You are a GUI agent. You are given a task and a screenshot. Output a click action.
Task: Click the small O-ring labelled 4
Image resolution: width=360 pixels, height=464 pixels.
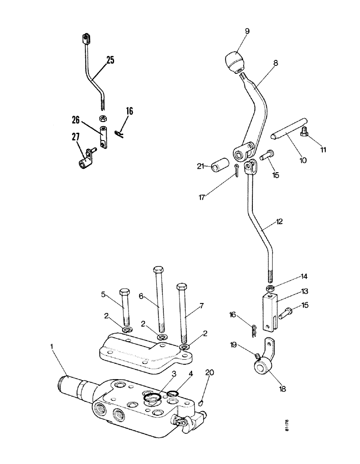173,394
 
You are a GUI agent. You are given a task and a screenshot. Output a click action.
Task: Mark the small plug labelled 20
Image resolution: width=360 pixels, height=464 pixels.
200,402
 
